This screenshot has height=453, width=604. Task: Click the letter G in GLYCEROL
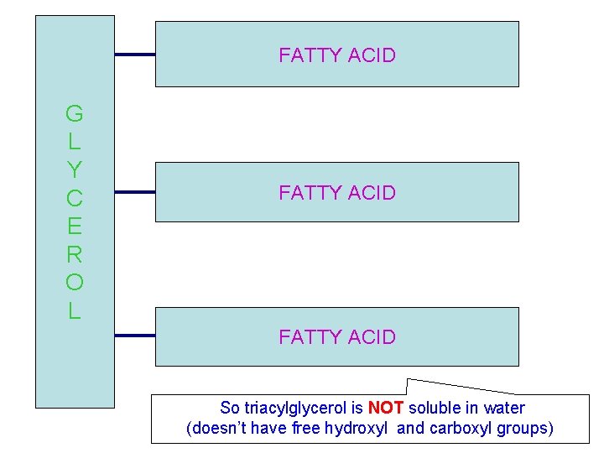[x=74, y=112]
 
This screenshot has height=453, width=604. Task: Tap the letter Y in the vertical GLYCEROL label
[x=74, y=169]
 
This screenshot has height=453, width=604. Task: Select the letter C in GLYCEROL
[x=74, y=198]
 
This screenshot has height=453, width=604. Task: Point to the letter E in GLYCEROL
[x=74, y=226]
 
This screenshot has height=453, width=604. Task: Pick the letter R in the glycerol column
[x=74, y=254]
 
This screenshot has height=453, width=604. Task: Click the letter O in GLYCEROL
[x=74, y=283]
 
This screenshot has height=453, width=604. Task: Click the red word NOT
[x=386, y=409]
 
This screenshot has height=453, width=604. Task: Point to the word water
[x=504, y=409]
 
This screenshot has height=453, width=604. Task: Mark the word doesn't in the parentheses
[x=220, y=429]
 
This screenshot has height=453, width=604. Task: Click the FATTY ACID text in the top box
[x=336, y=55]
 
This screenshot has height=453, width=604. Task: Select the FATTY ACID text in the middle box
[x=336, y=192]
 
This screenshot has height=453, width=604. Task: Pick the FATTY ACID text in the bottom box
[x=336, y=336]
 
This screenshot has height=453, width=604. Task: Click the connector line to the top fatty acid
[x=134, y=55]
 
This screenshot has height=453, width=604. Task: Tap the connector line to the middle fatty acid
[x=134, y=192]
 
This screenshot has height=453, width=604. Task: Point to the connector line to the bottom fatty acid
[x=134, y=336]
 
